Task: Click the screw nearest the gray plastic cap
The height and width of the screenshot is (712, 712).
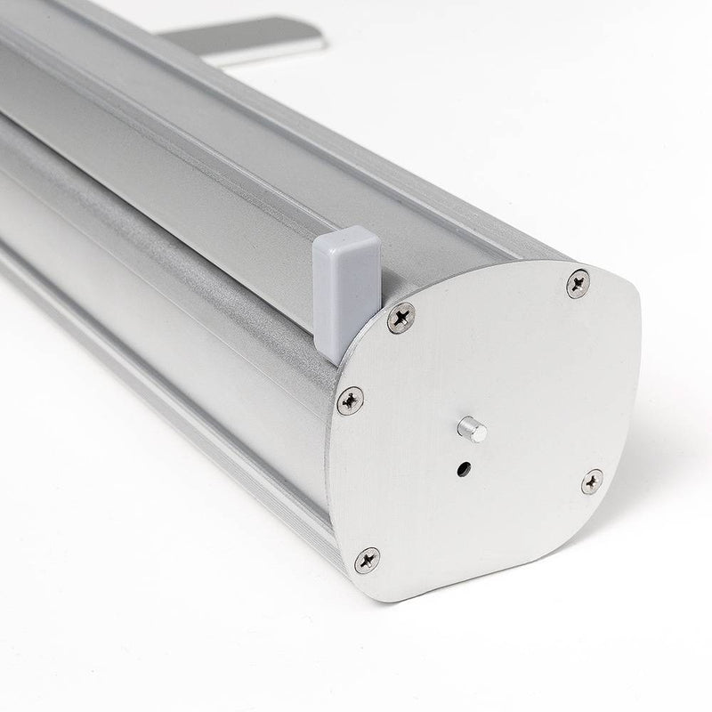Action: point(400,316)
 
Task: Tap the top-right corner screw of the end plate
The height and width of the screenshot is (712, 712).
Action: point(578,283)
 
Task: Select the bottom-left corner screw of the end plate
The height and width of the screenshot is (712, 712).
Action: point(367,560)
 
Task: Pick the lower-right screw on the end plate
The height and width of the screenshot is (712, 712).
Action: point(592,481)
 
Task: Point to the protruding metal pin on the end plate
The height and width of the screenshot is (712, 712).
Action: point(472,430)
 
